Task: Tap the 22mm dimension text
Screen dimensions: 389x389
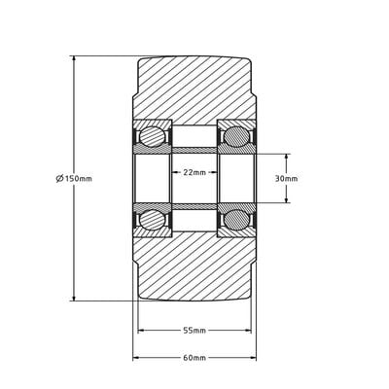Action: click(x=194, y=172)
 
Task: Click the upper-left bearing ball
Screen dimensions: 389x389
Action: click(x=152, y=136)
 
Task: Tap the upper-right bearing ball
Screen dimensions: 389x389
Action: click(x=236, y=136)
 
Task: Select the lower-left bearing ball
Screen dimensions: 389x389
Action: click(x=152, y=221)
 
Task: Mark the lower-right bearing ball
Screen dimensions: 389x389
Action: click(x=236, y=221)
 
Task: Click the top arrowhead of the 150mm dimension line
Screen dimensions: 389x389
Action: click(x=74, y=58)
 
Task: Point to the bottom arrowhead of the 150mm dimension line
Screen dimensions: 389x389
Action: click(x=74, y=299)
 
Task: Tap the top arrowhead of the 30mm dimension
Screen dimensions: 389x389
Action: click(x=287, y=157)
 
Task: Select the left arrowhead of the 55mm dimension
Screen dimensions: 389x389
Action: click(x=140, y=331)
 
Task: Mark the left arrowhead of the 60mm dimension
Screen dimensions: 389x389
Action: click(x=135, y=358)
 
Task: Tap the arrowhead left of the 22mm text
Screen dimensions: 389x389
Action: click(x=175, y=172)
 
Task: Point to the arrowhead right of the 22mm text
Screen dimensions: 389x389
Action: click(x=214, y=172)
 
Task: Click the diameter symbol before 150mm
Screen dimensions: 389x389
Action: click(x=60, y=179)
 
